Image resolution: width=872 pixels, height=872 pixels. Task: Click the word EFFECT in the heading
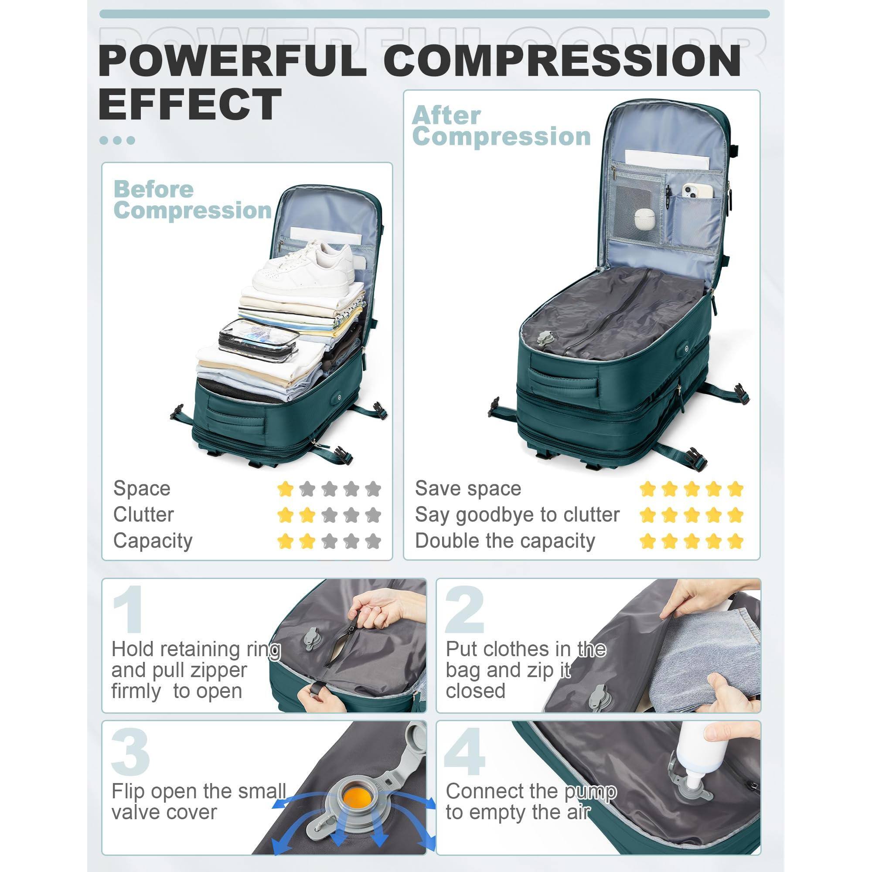pos(190,104)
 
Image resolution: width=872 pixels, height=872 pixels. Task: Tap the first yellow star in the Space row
pos(285,488)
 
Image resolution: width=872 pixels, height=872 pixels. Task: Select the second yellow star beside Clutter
pos(307,514)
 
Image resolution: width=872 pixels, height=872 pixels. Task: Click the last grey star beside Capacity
pos(373,541)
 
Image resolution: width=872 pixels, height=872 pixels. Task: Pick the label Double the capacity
pos(504,541)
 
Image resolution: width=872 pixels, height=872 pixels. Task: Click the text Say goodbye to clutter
pos(517,514)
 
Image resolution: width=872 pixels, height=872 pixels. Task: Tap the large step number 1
pos(128,610)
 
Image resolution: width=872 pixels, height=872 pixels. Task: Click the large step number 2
pos(464,610)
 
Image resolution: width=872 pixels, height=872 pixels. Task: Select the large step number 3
pos(130,752)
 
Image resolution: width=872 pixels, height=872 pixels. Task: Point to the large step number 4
pos(464,752)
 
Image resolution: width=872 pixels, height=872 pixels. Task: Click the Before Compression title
pos(192,200)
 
